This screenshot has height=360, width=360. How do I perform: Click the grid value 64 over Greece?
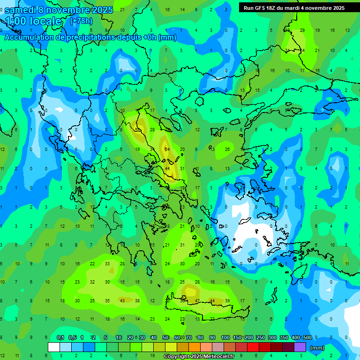pyautogui.click(x=167, y=149)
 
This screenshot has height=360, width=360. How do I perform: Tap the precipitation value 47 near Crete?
pyautogui.click(x=197, y=300)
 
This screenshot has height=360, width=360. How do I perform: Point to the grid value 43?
pyautogui.click(x=122, y=300)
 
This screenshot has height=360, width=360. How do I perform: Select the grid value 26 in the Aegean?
pyautogui.click(x=227, y=149)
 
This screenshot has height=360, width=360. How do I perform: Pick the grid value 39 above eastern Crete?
pyautogui.click(x=227, y=300)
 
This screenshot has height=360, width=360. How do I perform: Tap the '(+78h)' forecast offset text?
pyautogui.click(x=81, y=21)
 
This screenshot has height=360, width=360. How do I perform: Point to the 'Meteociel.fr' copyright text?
pyautogui.click(x=222, y=357)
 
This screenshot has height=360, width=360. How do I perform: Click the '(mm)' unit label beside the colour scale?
pyautogui.click(x=317, y=348)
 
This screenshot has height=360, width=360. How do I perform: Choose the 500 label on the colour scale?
pyautogui.click(x=307, y=338)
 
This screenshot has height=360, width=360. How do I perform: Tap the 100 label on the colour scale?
pyautogui.click(x=225, y=338)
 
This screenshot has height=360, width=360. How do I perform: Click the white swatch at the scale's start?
pyautogui.click(x=54, y=347)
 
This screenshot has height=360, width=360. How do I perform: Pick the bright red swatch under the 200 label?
pyautogui.click(x=253, y=347)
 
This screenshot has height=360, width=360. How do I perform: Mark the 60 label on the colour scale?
pyautogui.click(x=177, y=338)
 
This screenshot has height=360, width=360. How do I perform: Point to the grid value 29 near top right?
pyautogui.click(x=302, y=30)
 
